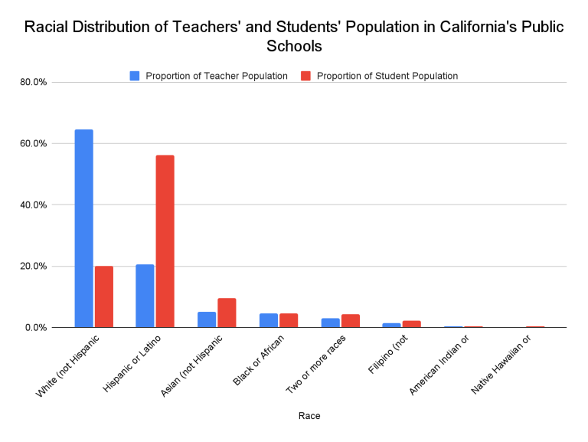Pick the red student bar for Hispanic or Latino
[x=165, y=241]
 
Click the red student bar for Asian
[x=227, y=313]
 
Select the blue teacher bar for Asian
[x=207, y=319]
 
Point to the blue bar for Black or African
[x=268, y=320]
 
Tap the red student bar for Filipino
[x=412, y=324]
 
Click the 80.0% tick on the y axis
[x=34, y=82]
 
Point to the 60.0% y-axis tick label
[x=34, y=143]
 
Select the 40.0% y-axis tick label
[x=34, y=205]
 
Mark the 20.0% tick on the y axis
[x=34, y=267]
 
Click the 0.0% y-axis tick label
[x=37, y=328]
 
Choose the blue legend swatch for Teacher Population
[x=135, y=76]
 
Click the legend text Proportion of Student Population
[x=387, y=76]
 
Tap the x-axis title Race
[x=309, y=416]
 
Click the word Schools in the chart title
[x=294, y=46]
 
